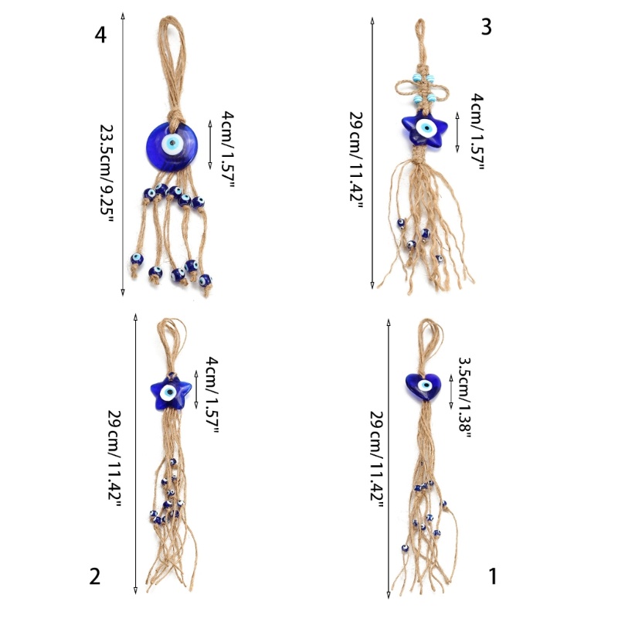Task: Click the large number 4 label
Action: (100, 35)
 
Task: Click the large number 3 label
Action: (487, 27)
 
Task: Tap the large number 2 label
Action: (94, 576)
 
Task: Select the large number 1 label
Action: (493, 576)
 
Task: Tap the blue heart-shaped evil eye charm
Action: (423, 385)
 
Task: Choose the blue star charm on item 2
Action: (171, 393)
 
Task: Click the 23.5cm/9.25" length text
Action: (106, 174)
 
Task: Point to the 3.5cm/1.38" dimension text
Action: (465, 397)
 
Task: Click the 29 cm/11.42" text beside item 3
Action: (356, 161)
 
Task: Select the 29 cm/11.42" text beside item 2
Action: (114, 459)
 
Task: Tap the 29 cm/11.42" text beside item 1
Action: (376, 460)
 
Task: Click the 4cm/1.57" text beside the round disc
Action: (228, 149)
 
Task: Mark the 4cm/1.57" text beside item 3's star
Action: (477, 131)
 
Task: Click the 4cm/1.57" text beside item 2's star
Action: (212, 395)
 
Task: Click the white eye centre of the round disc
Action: (171, 144)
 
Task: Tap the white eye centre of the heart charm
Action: (425, 385)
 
